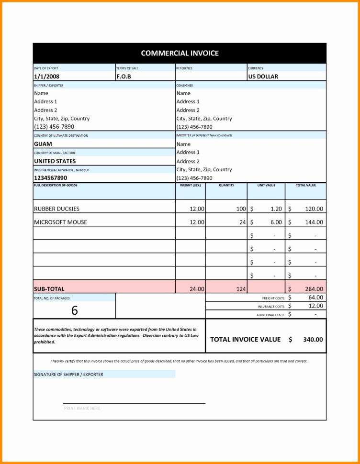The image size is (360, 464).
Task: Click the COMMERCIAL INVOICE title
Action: point(180,53)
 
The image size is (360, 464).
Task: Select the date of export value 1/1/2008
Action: point(47,77)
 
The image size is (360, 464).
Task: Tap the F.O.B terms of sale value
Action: point(124,77)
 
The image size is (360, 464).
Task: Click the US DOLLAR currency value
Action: point(263,77)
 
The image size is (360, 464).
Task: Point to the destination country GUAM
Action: point(43,144)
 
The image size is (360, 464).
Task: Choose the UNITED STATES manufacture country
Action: point(55,161)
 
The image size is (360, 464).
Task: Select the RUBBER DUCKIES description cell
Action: point(56,209)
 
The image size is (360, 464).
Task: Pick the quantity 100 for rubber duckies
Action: point(241,209)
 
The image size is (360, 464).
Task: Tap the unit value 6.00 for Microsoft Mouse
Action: point(276,222)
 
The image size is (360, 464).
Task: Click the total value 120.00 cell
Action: point(314,209)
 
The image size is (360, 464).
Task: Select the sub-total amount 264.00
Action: point(314,289)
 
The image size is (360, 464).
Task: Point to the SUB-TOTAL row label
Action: point(49,289)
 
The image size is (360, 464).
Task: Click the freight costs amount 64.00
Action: point(316,298)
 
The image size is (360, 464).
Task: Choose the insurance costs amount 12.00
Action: point(316,306)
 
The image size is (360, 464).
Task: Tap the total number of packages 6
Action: point(74,310)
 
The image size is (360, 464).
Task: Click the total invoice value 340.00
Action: point(313,339)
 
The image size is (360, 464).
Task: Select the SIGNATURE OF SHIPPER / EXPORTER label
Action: point(68,374)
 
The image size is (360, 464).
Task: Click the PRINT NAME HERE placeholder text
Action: point(82,408)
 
